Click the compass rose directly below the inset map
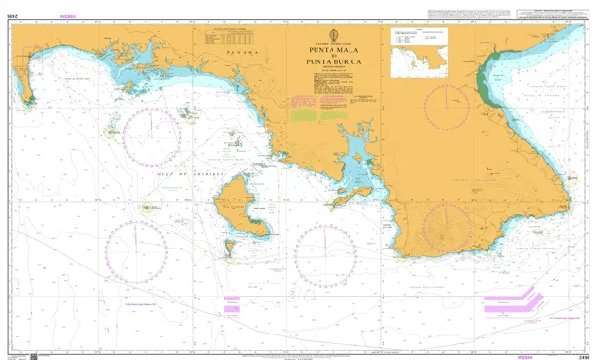point(446,108)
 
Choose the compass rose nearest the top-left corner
point(150,131)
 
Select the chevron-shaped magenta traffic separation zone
point(510,302)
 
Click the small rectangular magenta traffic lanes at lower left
point(232,303)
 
